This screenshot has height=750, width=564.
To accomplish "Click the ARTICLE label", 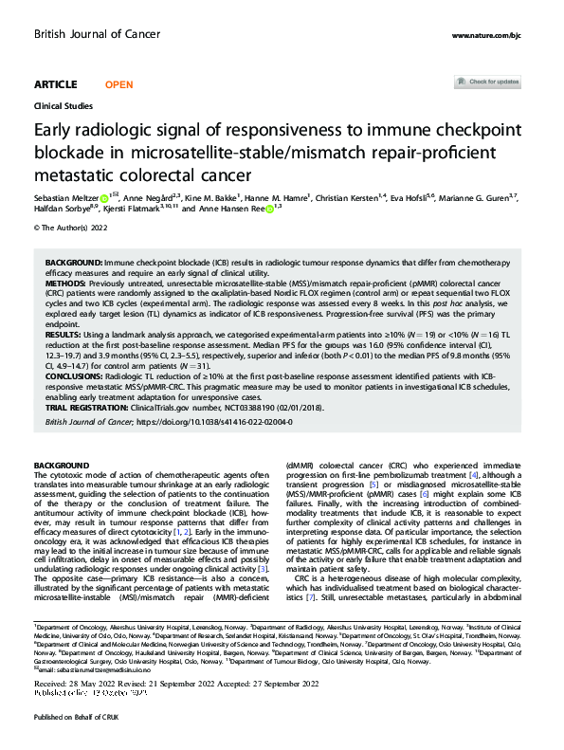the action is pyautogui.click(x=55, y=84).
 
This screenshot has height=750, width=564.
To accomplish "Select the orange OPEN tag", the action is pyautogui.click(x=118, y=84).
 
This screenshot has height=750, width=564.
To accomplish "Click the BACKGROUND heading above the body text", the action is pyautogui.click(x=61, y=465).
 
